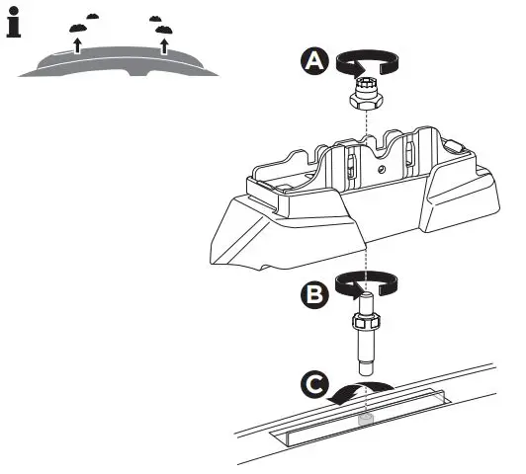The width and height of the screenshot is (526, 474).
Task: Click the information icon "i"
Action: (14, 25)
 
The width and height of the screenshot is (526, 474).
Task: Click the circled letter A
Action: (313, 61)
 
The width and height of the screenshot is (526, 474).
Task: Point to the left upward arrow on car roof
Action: (77, 43)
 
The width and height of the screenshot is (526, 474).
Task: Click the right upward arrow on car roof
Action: (164, 44)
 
